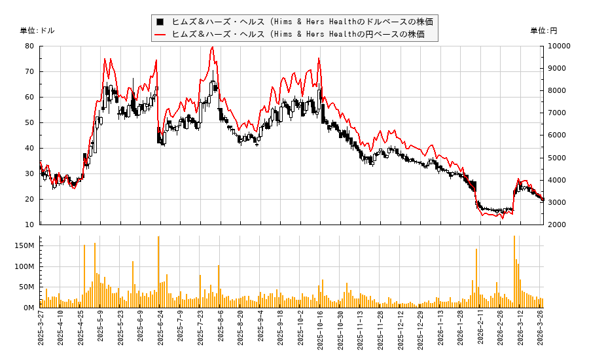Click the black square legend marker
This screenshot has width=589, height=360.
160,22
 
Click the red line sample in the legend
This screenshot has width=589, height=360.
160,34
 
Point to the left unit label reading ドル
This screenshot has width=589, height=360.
37,31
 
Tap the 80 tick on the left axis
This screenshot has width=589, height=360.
29,46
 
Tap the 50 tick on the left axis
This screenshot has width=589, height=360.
29,122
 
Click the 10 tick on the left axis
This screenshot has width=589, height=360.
29,225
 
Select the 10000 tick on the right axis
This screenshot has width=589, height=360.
559,46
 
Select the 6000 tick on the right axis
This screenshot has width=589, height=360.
557,135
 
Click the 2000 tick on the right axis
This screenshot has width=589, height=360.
557,225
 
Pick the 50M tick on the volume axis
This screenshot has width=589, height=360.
26,287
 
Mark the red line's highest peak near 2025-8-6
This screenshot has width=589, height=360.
212,47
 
